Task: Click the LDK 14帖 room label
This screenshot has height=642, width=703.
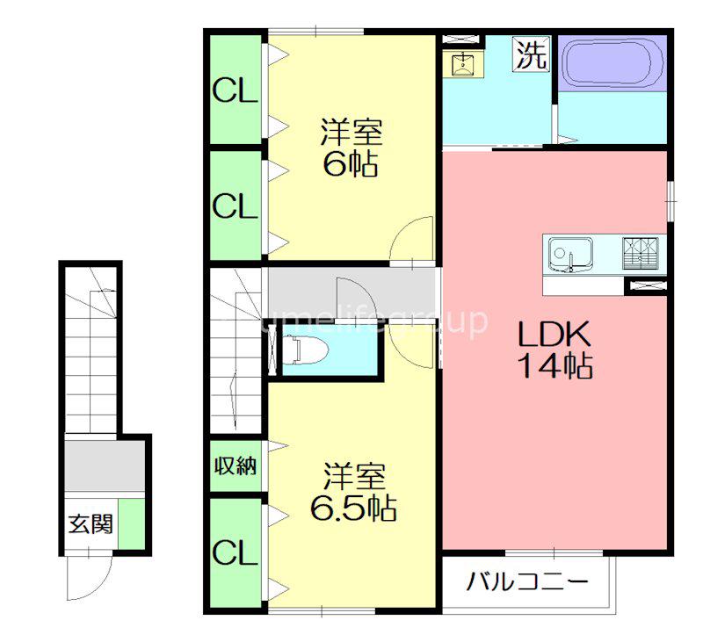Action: tap(555, 350)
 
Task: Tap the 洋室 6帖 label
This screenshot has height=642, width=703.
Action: tap(351, 147)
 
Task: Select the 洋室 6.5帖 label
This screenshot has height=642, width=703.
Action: tap(354, 492)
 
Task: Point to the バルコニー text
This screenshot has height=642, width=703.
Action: tap(527, 582)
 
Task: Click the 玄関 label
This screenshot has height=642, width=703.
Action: tap(91, 523)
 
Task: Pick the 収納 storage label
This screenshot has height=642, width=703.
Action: tap(235, 466)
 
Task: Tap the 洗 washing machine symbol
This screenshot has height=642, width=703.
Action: tap(532, 54)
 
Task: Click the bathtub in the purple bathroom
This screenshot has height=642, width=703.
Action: tap(612, 63)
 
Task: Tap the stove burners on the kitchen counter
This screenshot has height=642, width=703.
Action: tap(641, 253)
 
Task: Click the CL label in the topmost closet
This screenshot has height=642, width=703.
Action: tap(235, 91)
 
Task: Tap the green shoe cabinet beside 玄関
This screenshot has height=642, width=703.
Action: tap(132, 523)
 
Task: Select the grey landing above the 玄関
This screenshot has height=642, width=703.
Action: tap(105, 465)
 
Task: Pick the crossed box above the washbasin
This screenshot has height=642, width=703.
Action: tap(460, 39)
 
